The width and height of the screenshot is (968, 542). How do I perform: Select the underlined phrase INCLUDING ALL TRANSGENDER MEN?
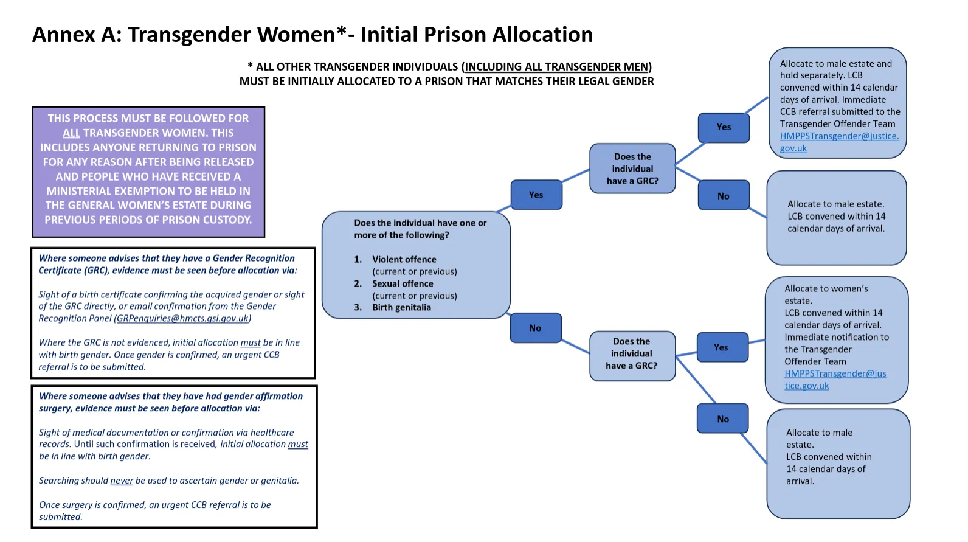coord(556,67)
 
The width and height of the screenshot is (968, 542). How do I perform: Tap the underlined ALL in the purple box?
coord(71,133)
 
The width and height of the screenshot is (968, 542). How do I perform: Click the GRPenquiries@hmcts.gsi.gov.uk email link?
coord(182,319)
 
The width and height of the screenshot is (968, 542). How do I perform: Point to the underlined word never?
coord(122,481)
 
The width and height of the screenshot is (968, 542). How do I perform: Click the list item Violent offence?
coord(404,260)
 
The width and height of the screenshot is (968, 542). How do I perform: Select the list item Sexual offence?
coord(403,284)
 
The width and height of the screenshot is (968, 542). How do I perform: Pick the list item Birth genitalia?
coord(401,308)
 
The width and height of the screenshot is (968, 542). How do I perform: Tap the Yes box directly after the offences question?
coord(536,195)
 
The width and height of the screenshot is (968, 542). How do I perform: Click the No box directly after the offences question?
coord(535,328)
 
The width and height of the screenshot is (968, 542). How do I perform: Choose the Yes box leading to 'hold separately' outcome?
coord(724,127)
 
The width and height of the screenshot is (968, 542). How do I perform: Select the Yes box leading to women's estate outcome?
coord(721,348)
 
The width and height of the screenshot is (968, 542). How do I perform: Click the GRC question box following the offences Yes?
coord(632,169)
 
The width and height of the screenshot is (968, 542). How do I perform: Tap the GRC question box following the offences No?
coord(632,354)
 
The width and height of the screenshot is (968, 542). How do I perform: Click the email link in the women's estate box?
coord(834,380)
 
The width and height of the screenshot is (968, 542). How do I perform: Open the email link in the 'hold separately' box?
coord(838,142)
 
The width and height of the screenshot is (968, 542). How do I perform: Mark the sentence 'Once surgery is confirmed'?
coord(154,506)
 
